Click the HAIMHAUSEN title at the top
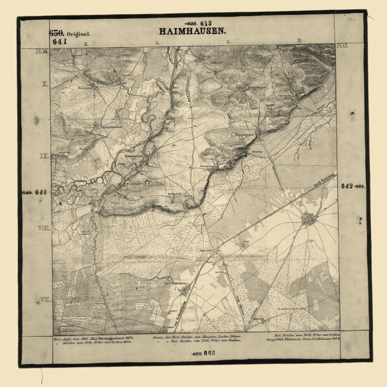click(193, 30)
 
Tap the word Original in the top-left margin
click(80, 34)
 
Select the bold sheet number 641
click(60, 42)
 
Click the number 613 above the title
click(204, 22)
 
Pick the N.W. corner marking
click(42, 51)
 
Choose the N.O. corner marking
click(342, 46)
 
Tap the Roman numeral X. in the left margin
click(44, 82)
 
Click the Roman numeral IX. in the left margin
click(44, 156)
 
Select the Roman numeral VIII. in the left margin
click(44, 229)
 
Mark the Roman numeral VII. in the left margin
click(44, 299)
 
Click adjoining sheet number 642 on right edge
click(347, 186)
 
